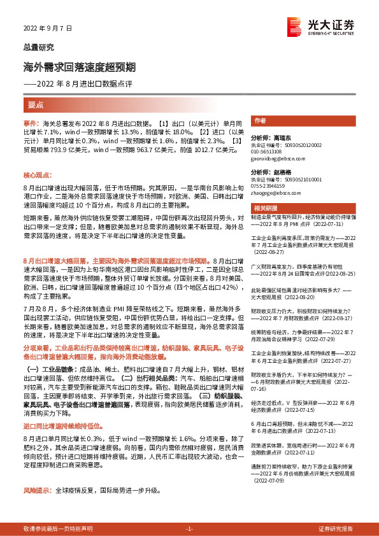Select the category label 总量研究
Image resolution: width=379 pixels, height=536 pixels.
tap(39, 47)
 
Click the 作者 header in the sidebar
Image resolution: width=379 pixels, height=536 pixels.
tap(260, 121)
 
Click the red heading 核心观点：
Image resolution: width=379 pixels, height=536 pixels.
tap(38, 174)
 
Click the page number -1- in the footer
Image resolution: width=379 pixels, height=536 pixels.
tap(189, 530)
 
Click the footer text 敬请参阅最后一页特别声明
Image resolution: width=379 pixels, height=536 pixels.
tap(57, 530)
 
